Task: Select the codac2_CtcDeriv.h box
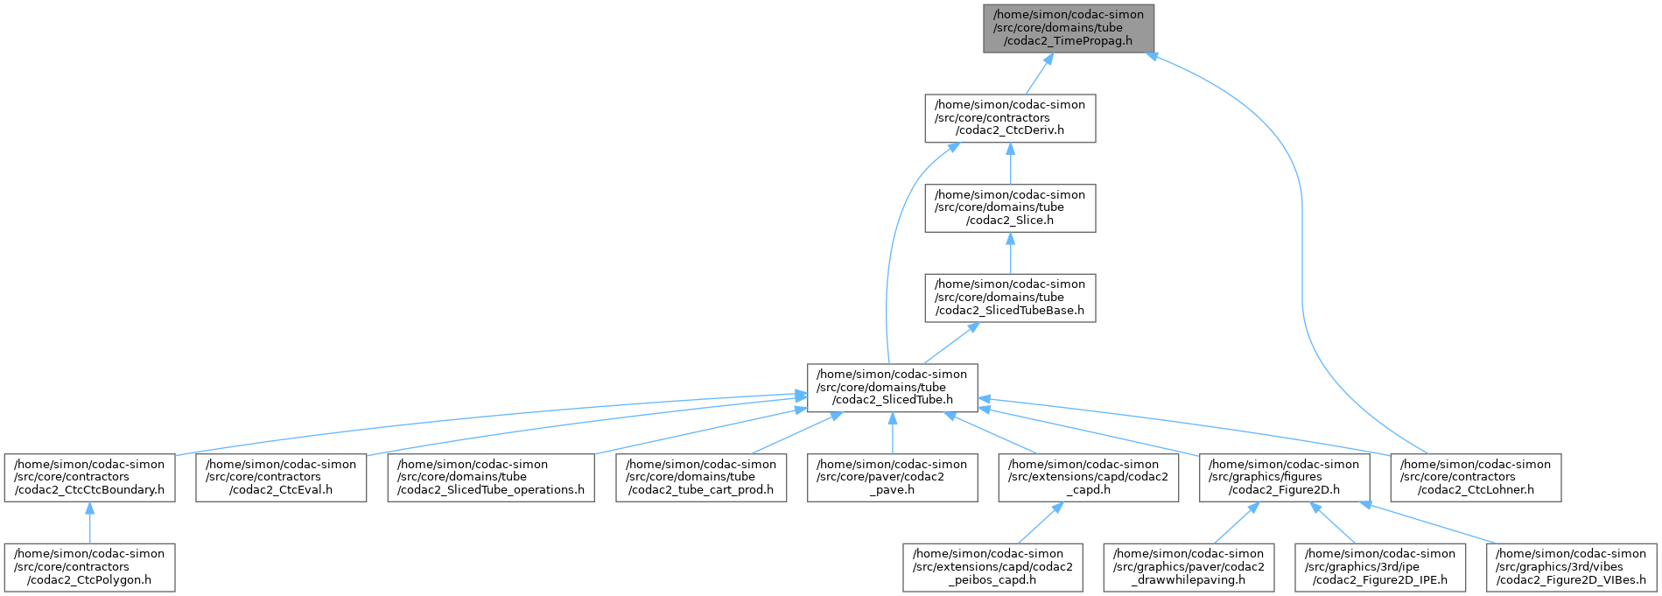pos(1010,118)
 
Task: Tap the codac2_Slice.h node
pos(1010,207)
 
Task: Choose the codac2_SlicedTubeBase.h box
pos(1010,298)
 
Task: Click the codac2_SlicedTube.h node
pos(892,388)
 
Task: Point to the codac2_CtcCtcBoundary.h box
pos(88,477)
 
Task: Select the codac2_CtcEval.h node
pos(281,477)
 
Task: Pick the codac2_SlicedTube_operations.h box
pos(491,477)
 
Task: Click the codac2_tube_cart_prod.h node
pos(700,477)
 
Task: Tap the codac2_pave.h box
pos(892,477)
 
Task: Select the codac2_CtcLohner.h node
pos(1476,477)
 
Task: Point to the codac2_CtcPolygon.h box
pos(88,566)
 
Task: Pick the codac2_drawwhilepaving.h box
pos(1188,566)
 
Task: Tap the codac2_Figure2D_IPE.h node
pos(1379,566)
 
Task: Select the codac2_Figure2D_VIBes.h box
pos(1571,566)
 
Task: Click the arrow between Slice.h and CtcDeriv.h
pos(1010,164)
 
